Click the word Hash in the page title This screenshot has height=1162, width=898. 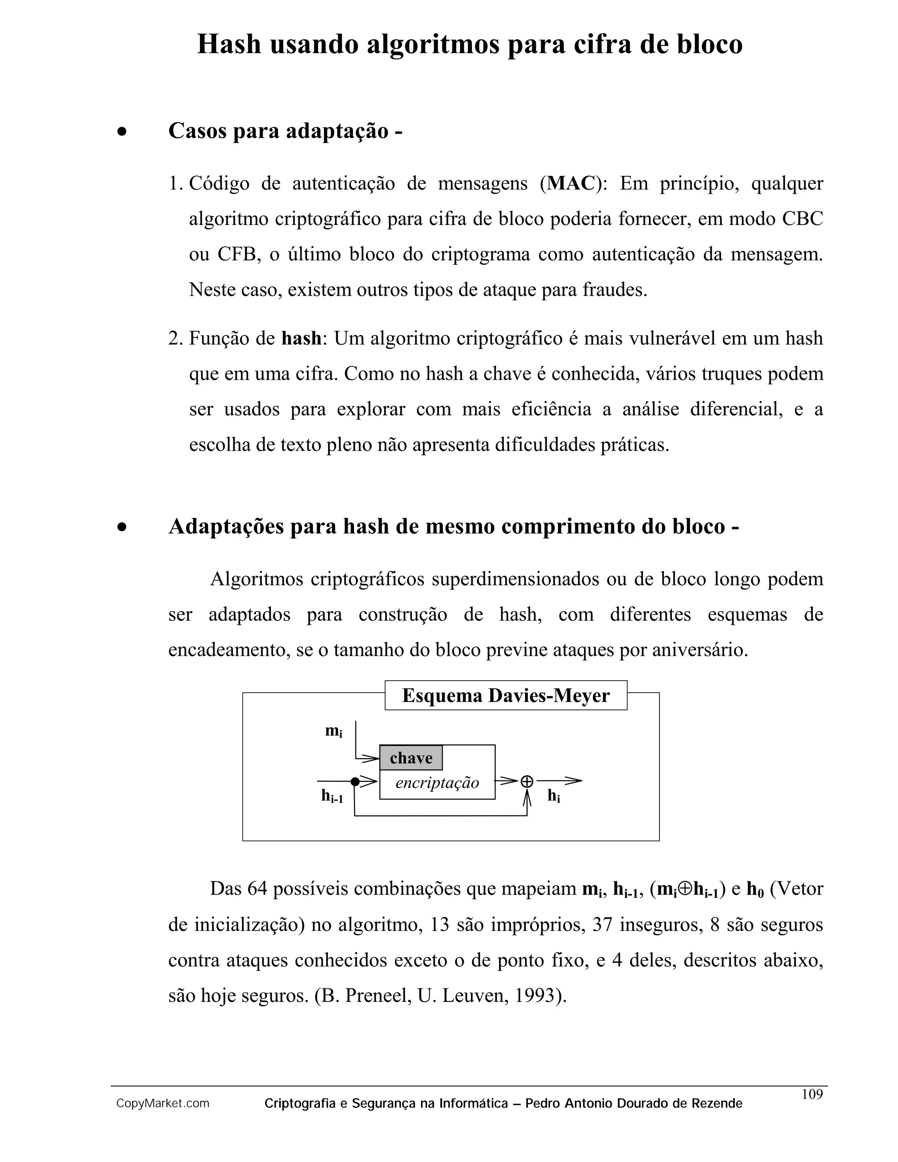click(229, 44)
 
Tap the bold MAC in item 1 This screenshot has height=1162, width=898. click(571, 184)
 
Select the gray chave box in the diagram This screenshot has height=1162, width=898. click(411, 758)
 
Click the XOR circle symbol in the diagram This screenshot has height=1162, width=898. click(527, 781)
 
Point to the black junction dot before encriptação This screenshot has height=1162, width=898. click(355, 781)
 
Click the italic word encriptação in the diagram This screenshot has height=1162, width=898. click(437, 783)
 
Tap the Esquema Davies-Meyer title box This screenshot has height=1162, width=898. click(506, 695)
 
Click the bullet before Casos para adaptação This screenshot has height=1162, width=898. click(122, 132)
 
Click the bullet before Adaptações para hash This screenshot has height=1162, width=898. click(122, 527)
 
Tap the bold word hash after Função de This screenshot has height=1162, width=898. click(301, 339)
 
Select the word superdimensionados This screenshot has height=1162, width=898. click(516, 579)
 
